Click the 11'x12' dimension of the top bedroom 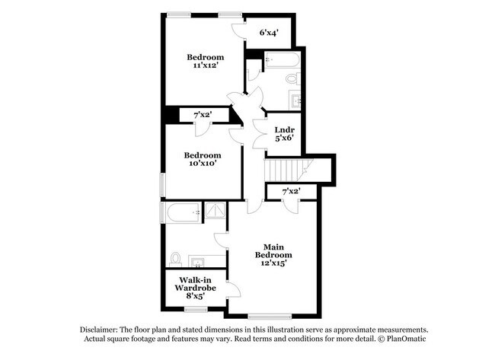click(206, 67)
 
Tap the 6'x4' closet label click(268, 33)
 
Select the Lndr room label click(284, 130)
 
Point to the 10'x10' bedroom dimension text click(202, 163)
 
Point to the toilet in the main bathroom click(176, 259)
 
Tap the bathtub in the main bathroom click(184, 212)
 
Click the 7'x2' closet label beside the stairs click(291, 191)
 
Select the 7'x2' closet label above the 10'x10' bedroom click(202, 115)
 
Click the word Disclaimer click(101, 329)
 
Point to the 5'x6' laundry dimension click(284, 139)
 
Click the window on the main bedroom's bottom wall click(269, 316)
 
